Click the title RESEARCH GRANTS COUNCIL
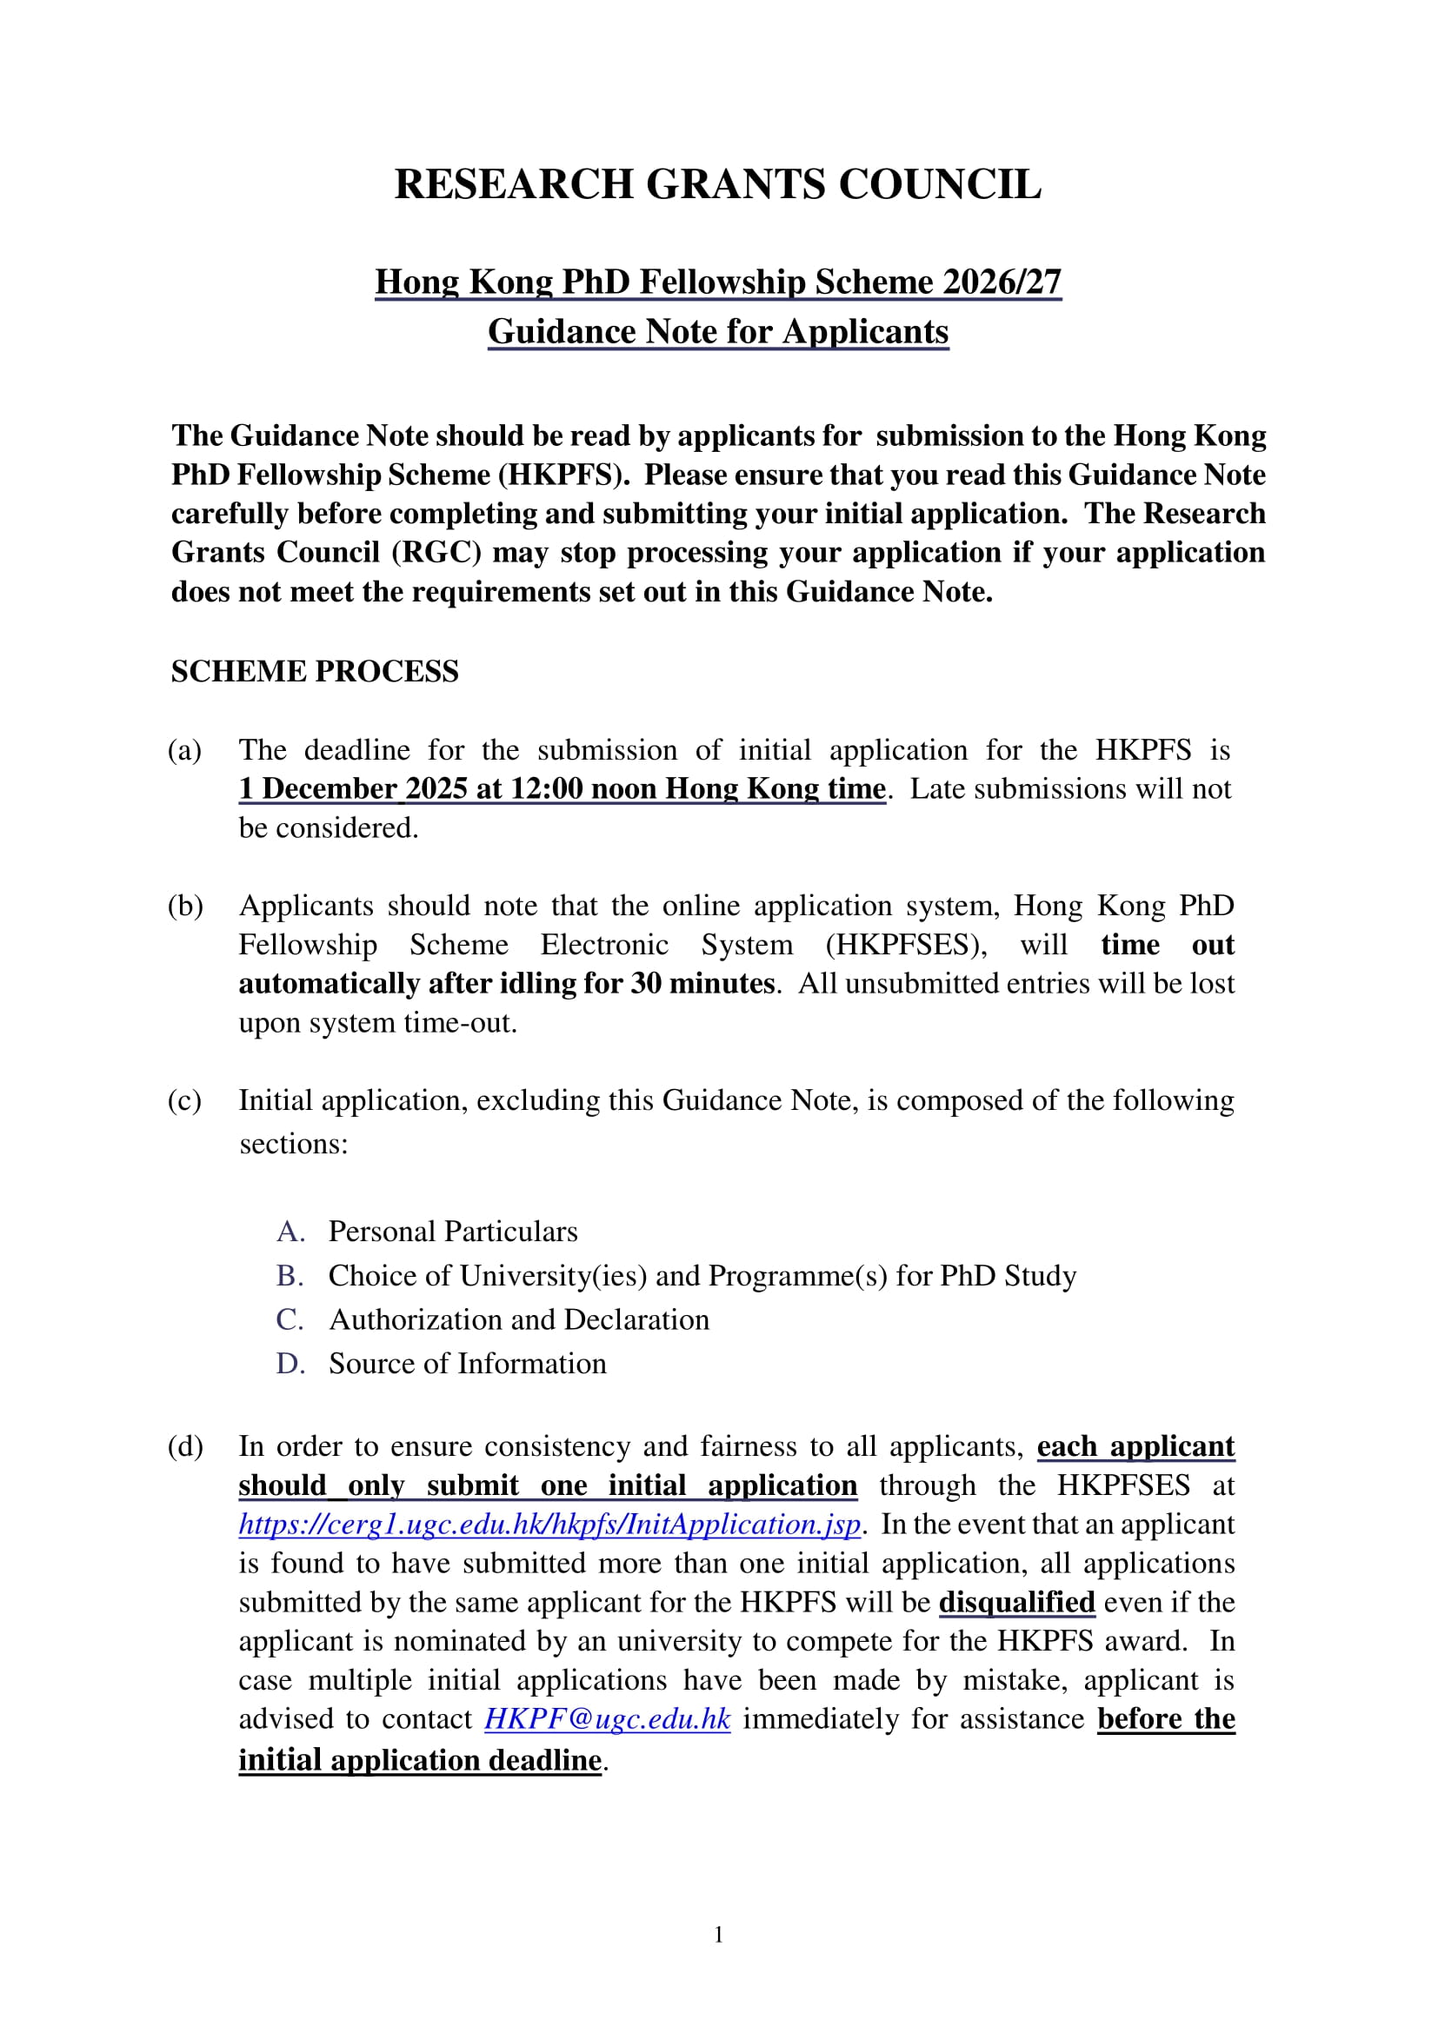click(717, 184)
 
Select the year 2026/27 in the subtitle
click(1002, 282)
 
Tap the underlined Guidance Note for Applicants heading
click(717, 331)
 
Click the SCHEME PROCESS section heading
click(315, 671)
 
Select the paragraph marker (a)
click(185, 750)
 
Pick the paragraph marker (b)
click(185, 906)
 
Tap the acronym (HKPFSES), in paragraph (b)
click(906, 945)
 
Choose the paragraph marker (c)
click(185, 1100)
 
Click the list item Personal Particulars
click(452, 1232)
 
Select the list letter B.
click(290, 1276)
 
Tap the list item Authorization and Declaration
click(519, 1320)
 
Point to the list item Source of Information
click(468, 1364)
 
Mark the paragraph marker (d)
click(185, 1447)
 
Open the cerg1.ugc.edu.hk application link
click(549, 1525)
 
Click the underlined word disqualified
click(1016, 1603)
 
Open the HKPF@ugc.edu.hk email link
click(607, 1719)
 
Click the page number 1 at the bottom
click(718, 1935)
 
